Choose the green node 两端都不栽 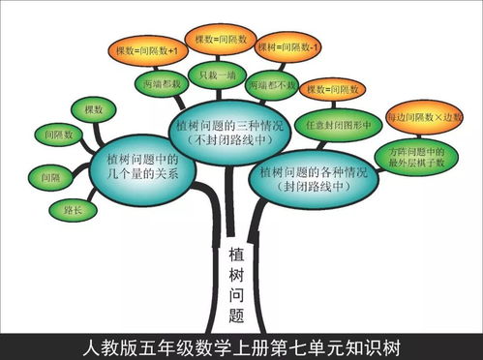click(272, 84)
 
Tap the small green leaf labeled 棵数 click(93, 111)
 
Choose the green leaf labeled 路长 click(72, 207)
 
